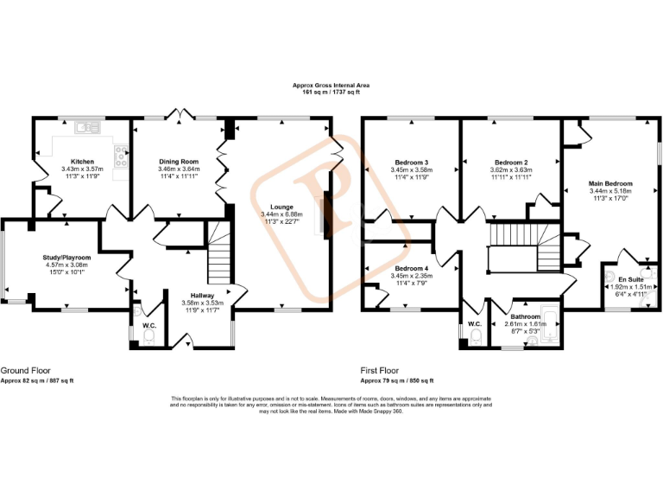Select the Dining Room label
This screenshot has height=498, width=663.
179,162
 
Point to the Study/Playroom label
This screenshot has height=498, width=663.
66,258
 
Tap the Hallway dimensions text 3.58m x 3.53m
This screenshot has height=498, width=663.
202,303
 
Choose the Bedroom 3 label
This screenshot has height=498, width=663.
412,163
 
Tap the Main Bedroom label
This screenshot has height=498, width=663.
610,183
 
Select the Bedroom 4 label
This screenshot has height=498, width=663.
412,268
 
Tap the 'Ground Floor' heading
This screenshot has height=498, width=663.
24,369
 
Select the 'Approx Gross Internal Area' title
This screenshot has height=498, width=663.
331,86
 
